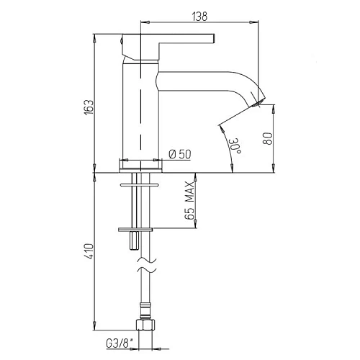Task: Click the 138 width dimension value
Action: (x=199, y=17)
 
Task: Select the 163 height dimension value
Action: (x=89, y=107)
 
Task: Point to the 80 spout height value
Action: (x=268, y=138)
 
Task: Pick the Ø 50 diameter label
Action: (x=180, y=154)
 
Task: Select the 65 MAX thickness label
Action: (x=189, y=201)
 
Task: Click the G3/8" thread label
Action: (x=120, y=343)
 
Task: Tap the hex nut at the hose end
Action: (x=145, y=324)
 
